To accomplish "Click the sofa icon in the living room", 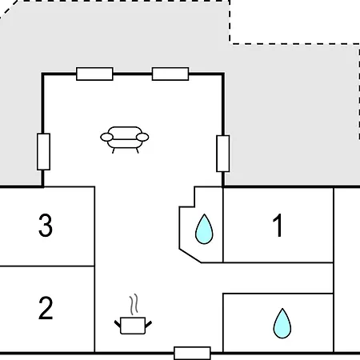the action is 125,139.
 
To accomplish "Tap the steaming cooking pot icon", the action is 133,320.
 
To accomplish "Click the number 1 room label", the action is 278,226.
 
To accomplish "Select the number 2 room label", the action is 46,308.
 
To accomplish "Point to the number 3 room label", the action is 46,226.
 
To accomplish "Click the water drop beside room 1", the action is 204,229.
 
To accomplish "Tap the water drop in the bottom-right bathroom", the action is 282,323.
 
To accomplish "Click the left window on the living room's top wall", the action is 94,74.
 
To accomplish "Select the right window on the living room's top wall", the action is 170,74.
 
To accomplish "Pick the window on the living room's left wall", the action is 43,151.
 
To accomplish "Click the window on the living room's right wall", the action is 223,154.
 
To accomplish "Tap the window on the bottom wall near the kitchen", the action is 192,354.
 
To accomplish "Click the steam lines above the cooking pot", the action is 134,305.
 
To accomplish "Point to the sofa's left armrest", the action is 106,137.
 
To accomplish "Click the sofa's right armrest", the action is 142,137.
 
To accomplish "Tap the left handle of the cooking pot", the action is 118,324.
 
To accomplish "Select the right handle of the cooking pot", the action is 149,324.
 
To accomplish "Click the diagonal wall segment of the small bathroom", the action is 190,256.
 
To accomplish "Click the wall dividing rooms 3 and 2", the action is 47,266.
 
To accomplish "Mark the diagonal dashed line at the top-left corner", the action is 9,10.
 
